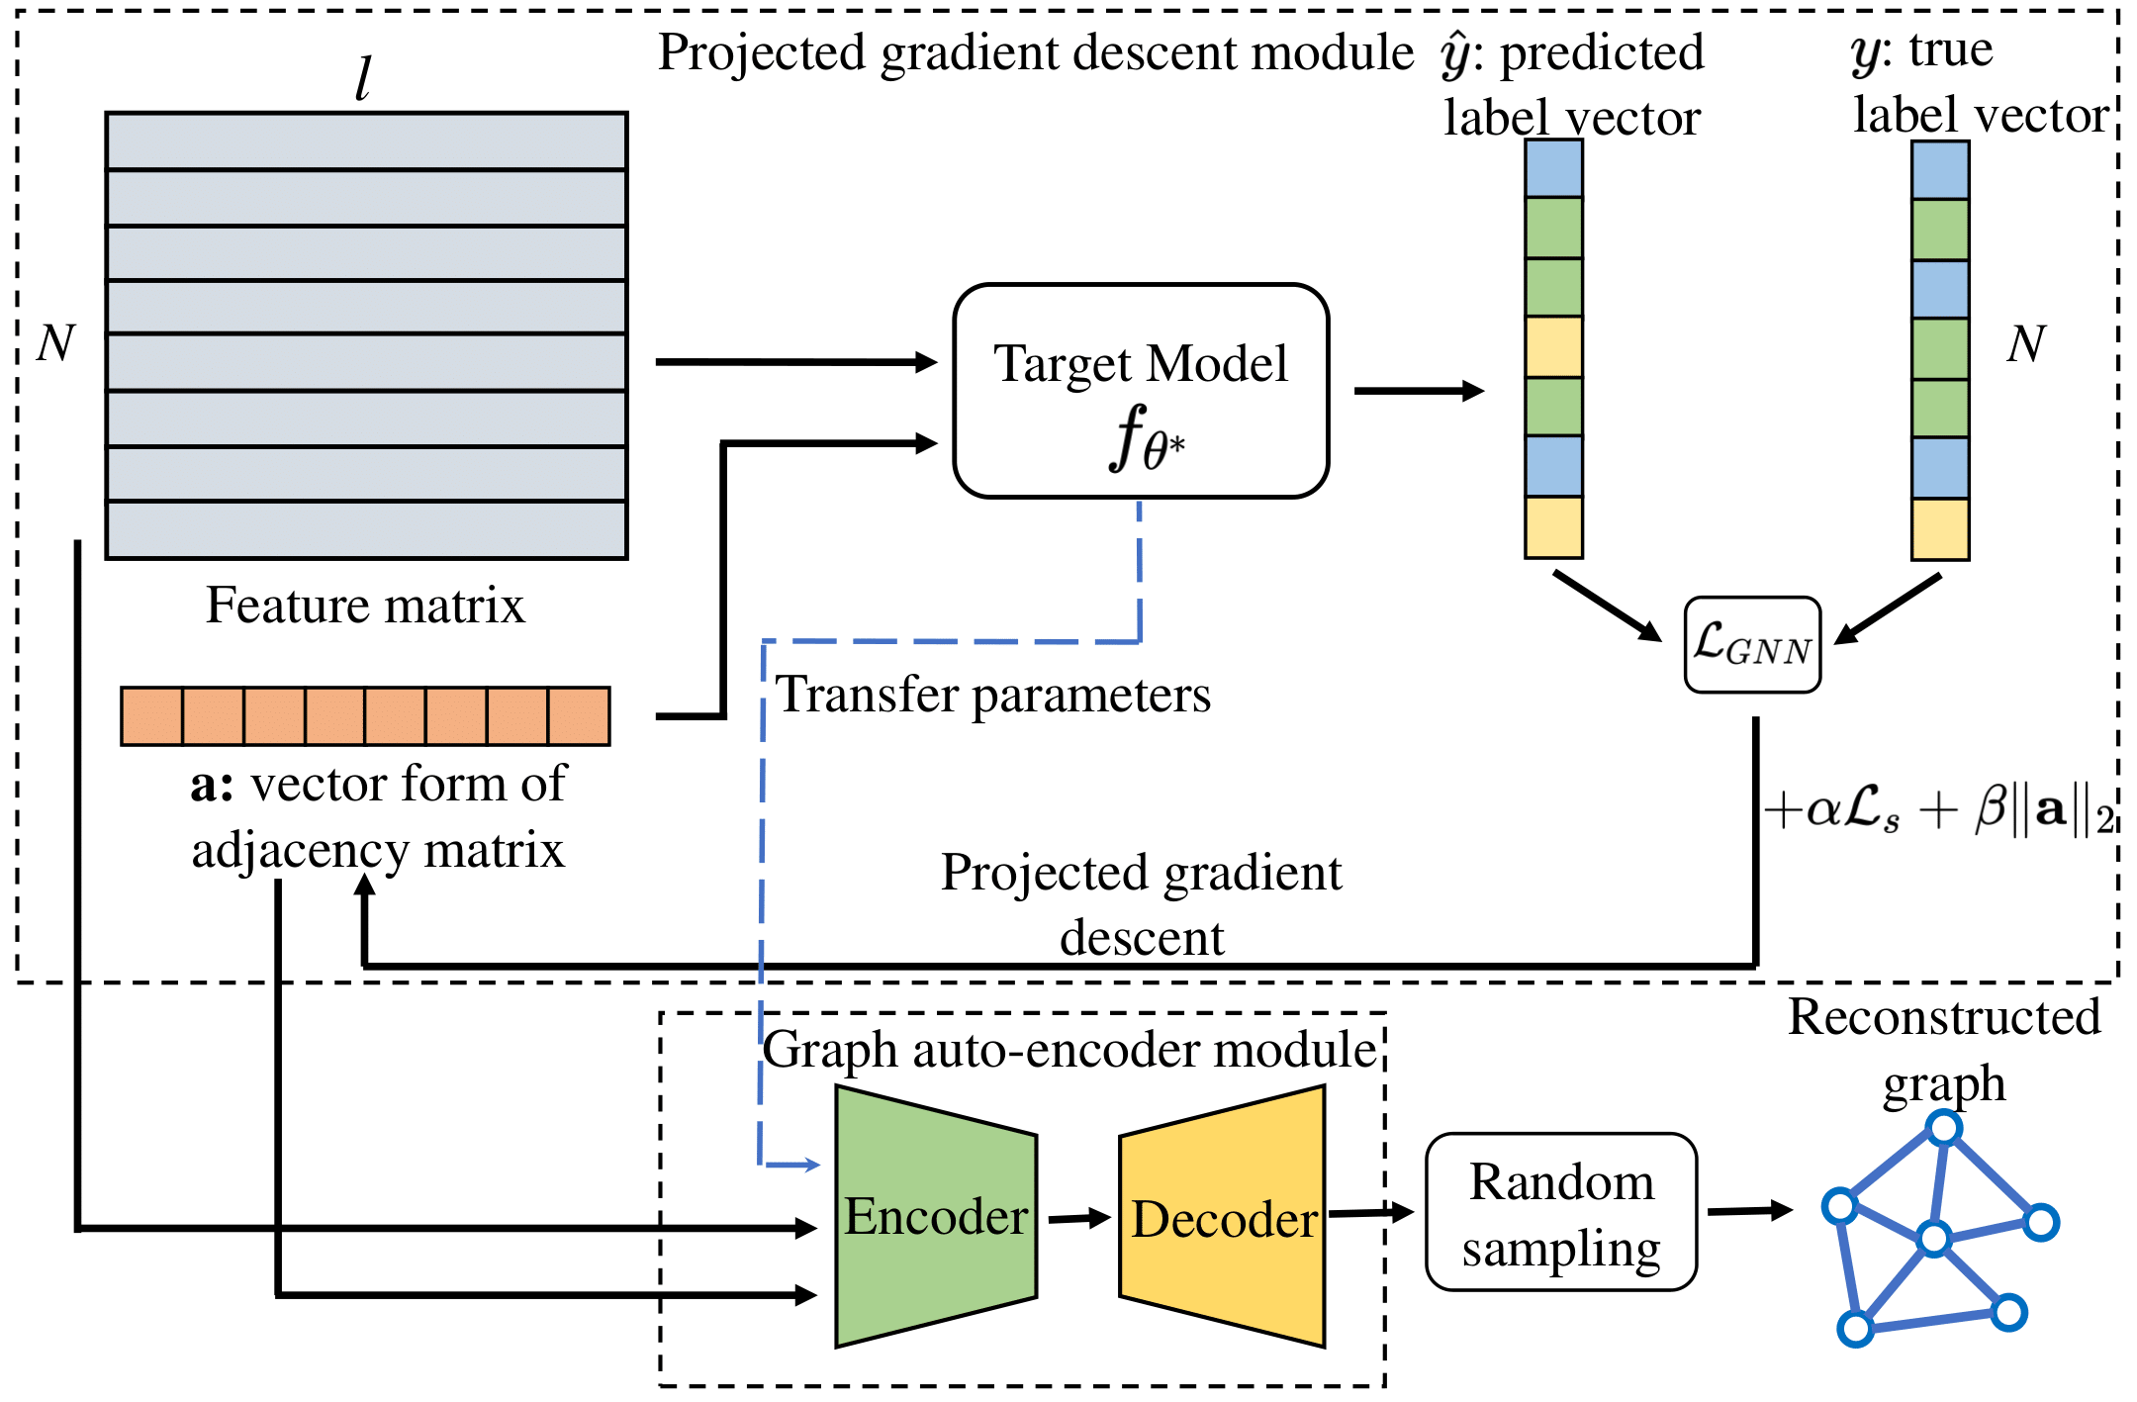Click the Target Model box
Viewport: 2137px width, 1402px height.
pyautogui.click(x=1141, y=391)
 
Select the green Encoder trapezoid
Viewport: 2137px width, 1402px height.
pyautogui.click(x=936, y=1217)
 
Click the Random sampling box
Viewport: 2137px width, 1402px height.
pyautogui.click(x=1561, y=1213)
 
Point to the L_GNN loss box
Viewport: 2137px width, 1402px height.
pyautogui.click(x=1752, y=645)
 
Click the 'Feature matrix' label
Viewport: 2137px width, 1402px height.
pyautogui.click(x=365, y=605)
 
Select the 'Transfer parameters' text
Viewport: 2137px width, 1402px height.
pyautogui.click(x=992, y=694)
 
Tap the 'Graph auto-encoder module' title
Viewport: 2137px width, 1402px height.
pyautogui.click(x=1068, y=1050)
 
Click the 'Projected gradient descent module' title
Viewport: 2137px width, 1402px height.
pyautogui.click(x=1035, y=52)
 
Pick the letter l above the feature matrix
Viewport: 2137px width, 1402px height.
pyautogui.click(x=363, y=78)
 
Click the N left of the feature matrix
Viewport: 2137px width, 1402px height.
pyautogui.click(x=55, y=343)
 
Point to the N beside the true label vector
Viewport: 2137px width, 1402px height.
pyautogui.click(x=2025, y=343)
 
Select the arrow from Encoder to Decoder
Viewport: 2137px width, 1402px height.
pyautogui.click(x=1078, y=1218)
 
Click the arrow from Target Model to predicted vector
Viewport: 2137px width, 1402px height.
pyautogui.click(x=1419, y=391)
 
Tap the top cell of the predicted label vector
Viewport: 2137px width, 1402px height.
pyautogui.click(x=1553, y=168)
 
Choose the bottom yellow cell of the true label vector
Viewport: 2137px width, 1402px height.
pyautogui.click(x=1940, y=529)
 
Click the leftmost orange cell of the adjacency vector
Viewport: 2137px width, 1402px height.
pyautogui.click(x=151, y=716)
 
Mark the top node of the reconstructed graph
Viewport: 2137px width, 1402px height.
pyautogui.click(x=1944, y=1127)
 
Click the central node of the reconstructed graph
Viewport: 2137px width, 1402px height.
pyautogui.click(x=1933, y=1238)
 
